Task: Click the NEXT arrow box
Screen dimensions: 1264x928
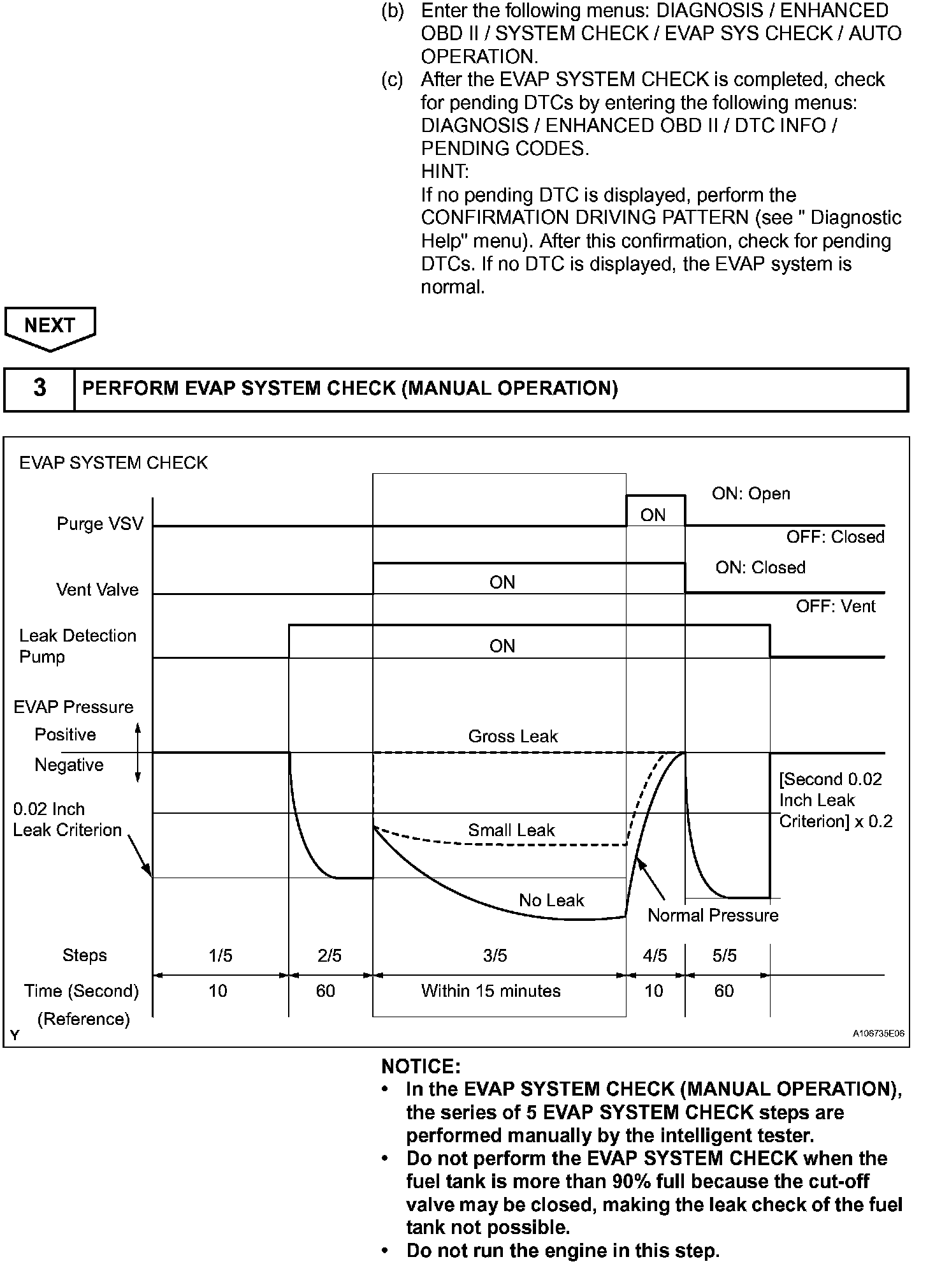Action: click(50, 326)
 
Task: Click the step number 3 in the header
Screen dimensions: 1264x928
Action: click(40, 388)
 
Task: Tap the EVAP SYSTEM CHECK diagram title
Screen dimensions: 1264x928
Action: click(113, 463)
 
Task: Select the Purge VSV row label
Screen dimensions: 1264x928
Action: click(100, 524)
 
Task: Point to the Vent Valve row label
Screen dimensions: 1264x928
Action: click(97, 590)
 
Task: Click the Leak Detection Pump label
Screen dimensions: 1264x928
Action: click(77, 646)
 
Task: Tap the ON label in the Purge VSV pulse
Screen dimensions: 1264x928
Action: click(653, 515)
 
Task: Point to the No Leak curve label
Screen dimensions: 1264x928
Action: click(551, 900)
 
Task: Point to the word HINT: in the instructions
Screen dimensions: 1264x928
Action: click(445, 172)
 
